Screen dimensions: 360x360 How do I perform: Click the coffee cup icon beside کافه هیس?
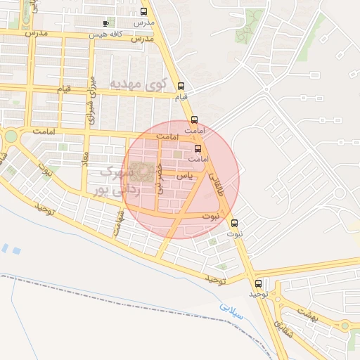coord(105,23)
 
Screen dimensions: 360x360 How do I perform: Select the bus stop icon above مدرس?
coord(144,12)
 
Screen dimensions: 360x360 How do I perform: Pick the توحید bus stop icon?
coord(258,283)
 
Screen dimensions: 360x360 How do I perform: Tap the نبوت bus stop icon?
coord(235,223)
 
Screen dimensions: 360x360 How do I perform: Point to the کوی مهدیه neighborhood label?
coord(138,84)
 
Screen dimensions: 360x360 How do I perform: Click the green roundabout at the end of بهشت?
coord(344,326)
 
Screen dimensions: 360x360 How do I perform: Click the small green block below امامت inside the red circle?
coord(178,155)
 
